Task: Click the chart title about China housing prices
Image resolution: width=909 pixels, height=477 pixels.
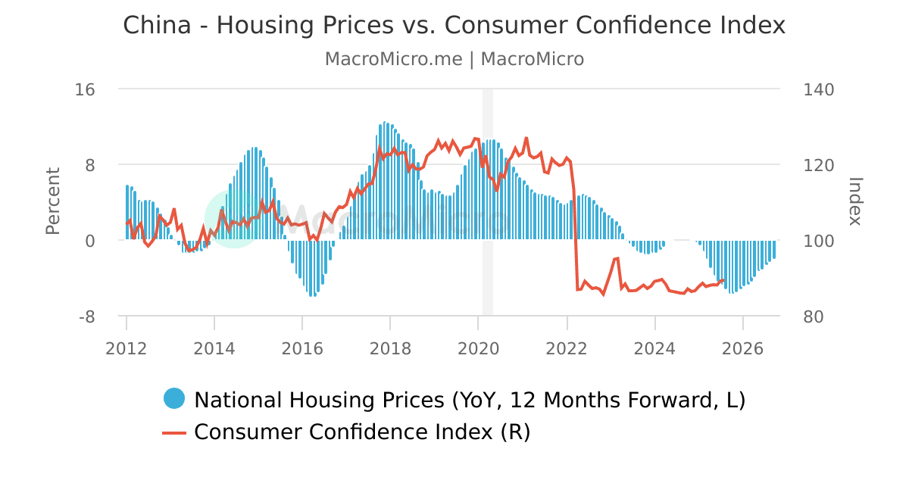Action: click(454, 25)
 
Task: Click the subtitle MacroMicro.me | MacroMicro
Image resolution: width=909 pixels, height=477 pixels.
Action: click(454, 59)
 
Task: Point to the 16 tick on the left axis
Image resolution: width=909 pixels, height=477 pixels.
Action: click(85, 89)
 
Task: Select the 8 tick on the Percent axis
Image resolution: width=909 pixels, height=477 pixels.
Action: click(89, 165)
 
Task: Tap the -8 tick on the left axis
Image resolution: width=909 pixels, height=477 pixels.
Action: click(86, 316)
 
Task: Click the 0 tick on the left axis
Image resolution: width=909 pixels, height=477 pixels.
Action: click(89, 241)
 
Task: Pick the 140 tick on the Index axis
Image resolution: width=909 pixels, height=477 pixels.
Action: click(818, 89)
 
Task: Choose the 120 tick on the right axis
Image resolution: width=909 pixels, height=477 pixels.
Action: click(818, 165)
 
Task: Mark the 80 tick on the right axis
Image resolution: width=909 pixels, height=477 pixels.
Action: click(814, 316)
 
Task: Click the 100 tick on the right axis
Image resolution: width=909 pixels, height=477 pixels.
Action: click(818, 241)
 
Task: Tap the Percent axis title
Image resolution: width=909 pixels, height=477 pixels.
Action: click(52, 201)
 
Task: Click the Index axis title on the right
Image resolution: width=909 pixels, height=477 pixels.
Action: click(855, 201)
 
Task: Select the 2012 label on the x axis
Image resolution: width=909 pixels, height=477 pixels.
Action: click(126, 348)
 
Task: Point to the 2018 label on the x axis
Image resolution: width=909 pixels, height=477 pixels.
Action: click(390, 348)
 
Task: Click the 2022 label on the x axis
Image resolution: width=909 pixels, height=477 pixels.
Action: click(567, 348)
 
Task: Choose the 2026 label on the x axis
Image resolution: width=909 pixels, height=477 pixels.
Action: click(742, 348)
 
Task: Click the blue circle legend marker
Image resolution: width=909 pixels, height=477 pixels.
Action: click(174, 399)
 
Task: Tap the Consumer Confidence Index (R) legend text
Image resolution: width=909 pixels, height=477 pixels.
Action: click(362, 432)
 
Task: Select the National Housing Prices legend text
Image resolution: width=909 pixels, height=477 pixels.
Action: click(470, 400)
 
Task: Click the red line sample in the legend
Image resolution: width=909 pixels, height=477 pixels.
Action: click(174, 432)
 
